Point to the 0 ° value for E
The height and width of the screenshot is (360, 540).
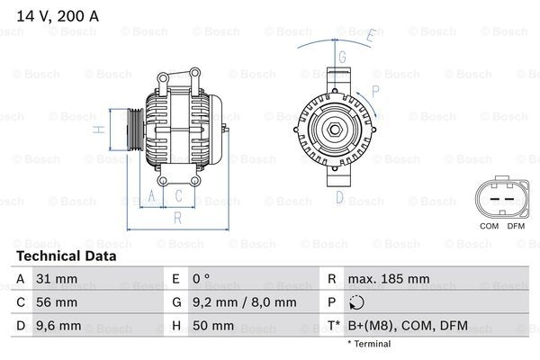[x=200, y=279]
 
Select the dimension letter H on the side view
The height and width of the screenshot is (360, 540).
[x=102, y=130]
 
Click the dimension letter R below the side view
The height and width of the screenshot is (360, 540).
[x=178, y=216]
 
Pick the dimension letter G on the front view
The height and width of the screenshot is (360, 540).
[x=342, y=56]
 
